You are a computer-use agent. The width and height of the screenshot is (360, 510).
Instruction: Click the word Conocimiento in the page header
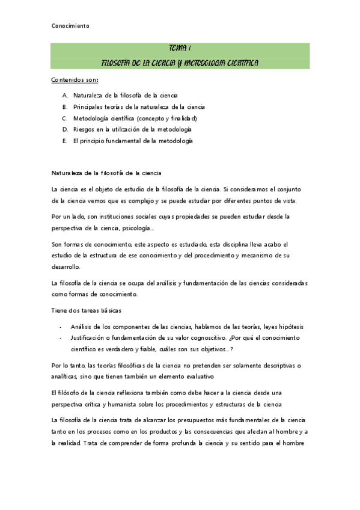[x=70, y=26]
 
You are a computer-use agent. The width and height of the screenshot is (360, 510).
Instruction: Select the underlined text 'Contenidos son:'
[x=75, y=80]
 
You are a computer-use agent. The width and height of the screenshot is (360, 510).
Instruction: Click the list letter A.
[x=64, y=96]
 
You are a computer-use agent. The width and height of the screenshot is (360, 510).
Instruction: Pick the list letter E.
[x=64, y=141]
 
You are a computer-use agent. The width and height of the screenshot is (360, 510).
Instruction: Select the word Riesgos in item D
[x=85, y=129]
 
